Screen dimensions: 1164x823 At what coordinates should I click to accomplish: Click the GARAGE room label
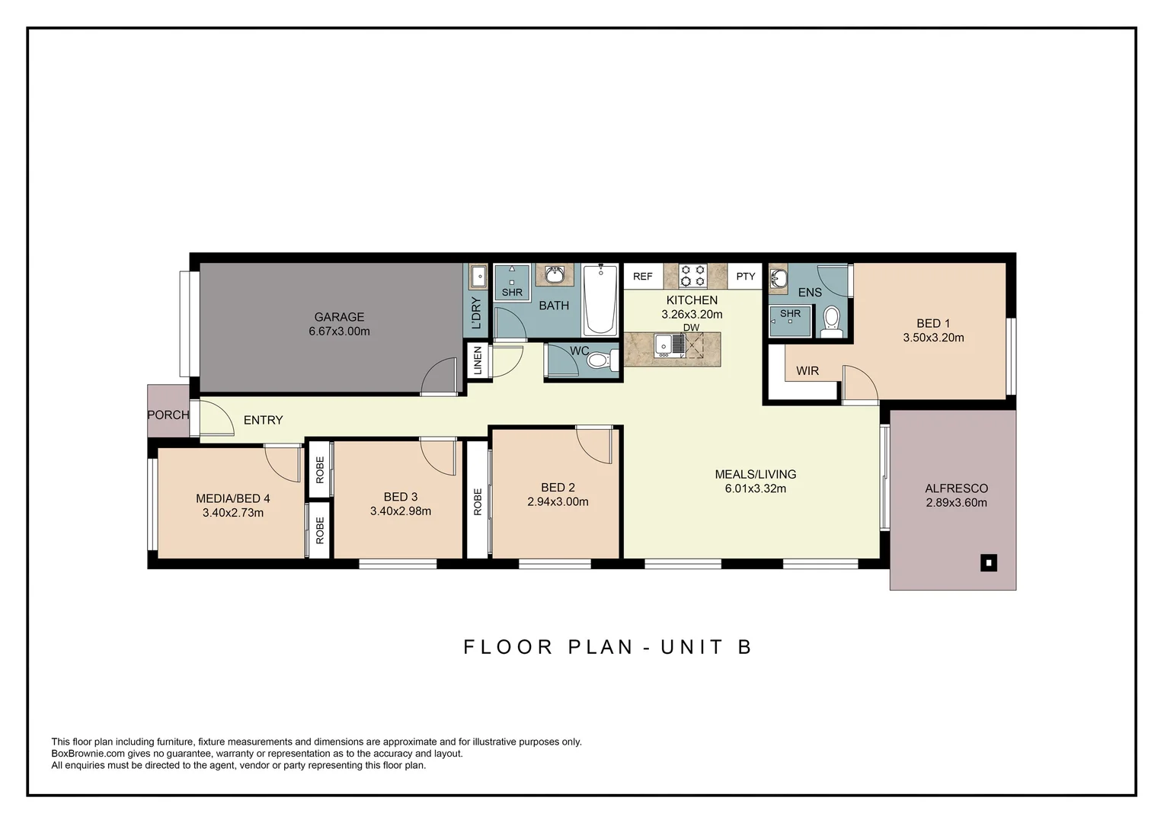coord(339,316)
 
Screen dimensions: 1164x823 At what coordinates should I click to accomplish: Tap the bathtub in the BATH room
coord(600,300)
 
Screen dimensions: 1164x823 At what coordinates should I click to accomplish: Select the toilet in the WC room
coord(603,360)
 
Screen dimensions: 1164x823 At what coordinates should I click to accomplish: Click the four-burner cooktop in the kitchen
coord(693,276)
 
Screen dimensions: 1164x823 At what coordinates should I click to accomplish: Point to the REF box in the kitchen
coord(643,276)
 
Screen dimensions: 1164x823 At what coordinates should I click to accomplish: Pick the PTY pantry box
coord(745,276)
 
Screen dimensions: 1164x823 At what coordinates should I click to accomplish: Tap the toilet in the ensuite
coord(831,322)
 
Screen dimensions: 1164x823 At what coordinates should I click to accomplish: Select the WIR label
coord(807,370)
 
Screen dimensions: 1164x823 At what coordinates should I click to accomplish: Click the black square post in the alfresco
coord(988,562)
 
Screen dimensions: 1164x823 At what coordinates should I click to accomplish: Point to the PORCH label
coord(168,415)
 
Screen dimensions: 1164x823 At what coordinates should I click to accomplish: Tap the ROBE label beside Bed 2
coord(478,501)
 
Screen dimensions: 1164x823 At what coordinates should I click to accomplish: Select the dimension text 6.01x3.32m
coord(755,488)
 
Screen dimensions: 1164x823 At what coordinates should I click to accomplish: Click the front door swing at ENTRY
coord(217,418)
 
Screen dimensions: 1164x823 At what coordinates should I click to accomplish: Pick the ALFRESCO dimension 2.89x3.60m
coord(956,503)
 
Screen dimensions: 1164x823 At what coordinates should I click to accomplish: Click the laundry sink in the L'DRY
coord(477,276)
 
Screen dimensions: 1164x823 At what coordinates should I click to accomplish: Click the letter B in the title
coord(745,647)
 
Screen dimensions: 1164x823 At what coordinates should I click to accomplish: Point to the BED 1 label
coord(933,323)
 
